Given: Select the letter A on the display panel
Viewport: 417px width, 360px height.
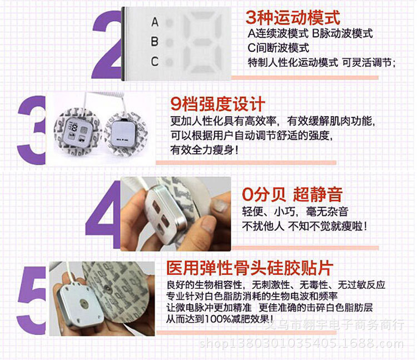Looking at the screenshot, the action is point(155,22).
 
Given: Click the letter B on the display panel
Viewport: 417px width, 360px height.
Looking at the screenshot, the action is point(155,42).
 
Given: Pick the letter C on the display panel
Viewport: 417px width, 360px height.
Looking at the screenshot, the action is point(155,61).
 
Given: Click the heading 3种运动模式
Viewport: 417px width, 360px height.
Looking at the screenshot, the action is point(293,18).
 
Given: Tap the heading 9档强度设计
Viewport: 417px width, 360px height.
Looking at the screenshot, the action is point(217,103).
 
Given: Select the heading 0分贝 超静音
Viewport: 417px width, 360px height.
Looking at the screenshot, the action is point(292,194).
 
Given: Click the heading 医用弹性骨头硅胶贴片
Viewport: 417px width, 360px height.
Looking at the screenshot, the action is point(250,268).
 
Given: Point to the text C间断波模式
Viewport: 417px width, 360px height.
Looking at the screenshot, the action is point(278,48).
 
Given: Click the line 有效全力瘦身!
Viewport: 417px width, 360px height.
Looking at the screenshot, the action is point(204,150).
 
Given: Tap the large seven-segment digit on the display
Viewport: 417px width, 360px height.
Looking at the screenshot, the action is point(202,43).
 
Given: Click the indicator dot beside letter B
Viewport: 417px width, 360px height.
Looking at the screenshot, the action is point(169,42).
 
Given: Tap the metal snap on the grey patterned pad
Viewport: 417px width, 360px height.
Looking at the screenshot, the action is point(107,287).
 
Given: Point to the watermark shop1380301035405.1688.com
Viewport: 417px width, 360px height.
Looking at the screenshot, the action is point(301,343).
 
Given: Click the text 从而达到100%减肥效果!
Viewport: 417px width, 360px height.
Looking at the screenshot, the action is point(220,319).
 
